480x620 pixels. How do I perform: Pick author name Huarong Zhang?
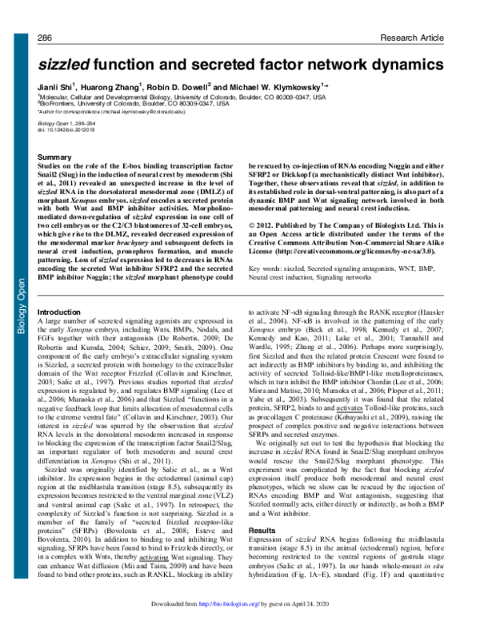[x=118, y=85]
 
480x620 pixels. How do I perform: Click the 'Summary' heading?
[x=56, y=159]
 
